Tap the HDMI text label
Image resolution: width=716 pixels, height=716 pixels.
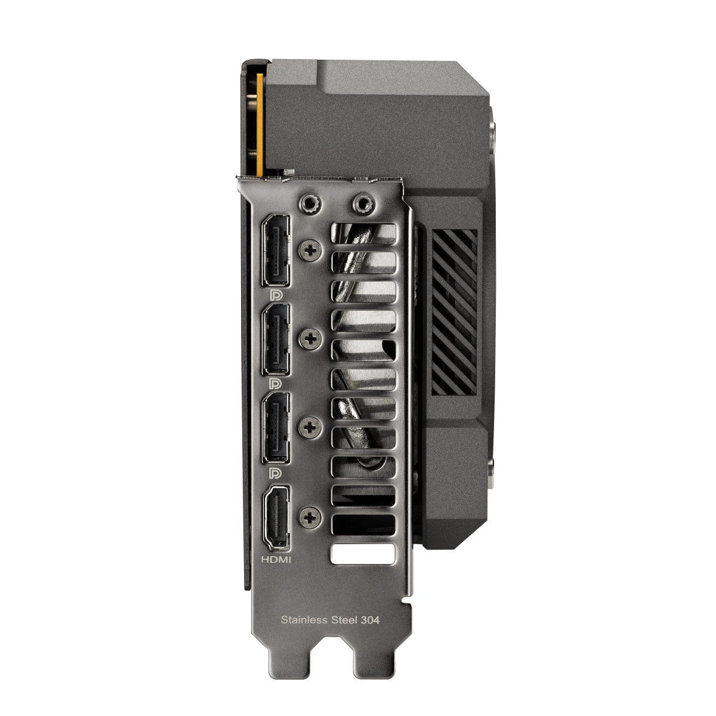point(276,560)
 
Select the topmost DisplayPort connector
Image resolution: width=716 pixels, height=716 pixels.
point(274,249)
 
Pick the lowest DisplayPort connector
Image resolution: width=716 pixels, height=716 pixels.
point(274,427)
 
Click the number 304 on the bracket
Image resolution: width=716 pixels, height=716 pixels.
point(370,620)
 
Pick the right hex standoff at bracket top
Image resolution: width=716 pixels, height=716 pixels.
point(361,205)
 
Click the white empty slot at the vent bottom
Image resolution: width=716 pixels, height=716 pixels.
point(362,553)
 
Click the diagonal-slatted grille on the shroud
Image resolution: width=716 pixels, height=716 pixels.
point(453,310)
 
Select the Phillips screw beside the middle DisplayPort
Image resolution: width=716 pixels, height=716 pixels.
point(309,339)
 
